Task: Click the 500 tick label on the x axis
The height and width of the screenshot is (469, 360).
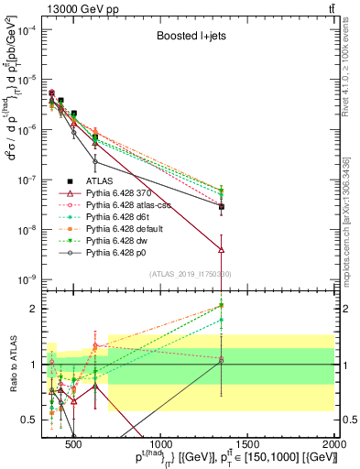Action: point(74,446)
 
